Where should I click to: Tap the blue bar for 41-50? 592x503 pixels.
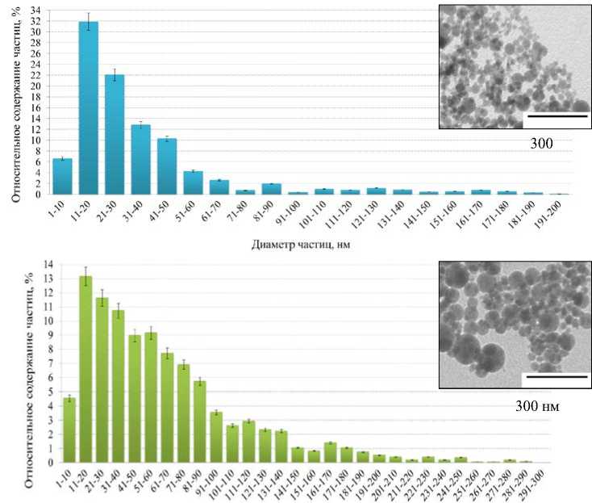coord(167,166)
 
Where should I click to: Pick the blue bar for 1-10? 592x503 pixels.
coord(62,177)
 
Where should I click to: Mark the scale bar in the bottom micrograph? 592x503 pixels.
coord(555,375)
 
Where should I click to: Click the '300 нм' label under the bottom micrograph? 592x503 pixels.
coord(538,406)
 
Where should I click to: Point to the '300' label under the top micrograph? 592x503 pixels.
coord(542,145)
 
